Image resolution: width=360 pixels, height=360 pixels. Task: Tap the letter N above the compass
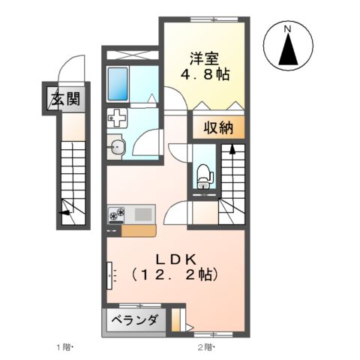pos(288,28)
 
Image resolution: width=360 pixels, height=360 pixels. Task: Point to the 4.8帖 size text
pos(204,75)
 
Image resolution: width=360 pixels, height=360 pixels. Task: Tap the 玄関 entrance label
pos(65,97)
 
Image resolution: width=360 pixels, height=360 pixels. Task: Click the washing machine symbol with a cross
pos(118,118)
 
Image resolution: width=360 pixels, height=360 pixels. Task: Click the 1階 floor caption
pos(64,348)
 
